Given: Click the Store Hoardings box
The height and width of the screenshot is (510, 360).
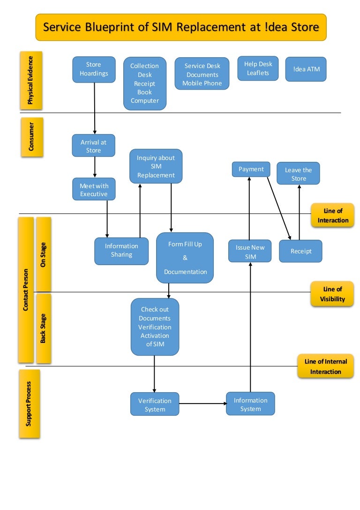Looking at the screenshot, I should click(x=94, y=69).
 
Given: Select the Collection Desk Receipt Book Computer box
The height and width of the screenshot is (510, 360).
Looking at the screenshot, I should click(x=145, y=84).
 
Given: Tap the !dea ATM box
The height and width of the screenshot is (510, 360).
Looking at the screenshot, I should click(x=306, y=69).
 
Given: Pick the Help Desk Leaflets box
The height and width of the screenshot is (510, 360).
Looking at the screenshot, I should click(x=258, y=69).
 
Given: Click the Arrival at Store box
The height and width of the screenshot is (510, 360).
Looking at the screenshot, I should click(x=93, y=145).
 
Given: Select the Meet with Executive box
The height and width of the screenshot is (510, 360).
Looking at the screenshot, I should click(x=94, y=190).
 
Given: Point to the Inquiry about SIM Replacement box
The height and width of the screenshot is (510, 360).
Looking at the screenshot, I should click(x=156, y=167).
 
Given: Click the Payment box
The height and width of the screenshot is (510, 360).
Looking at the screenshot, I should click(x=251, y=169).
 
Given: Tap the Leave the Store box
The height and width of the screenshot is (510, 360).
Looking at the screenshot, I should click(x=299, y=174).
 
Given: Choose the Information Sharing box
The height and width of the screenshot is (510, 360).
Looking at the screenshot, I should click(x=121, y=251).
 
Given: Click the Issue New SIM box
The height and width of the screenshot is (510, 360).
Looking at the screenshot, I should click(x=250, y=251).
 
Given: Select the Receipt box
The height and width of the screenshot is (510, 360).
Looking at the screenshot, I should click(x=301, y=251).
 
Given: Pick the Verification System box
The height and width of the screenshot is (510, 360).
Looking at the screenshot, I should click(x=155, y=404).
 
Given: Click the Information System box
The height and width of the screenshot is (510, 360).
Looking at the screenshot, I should click(x=250, y=404).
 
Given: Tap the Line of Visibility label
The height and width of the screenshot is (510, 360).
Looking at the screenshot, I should click(x=332, y=294).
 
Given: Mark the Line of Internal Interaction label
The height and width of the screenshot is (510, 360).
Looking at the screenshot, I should click(x=326, y=366).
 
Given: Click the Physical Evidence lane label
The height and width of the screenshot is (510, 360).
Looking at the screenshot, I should click(x=31, y=80).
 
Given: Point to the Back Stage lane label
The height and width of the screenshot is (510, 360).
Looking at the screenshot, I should click(x=43, y=328).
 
